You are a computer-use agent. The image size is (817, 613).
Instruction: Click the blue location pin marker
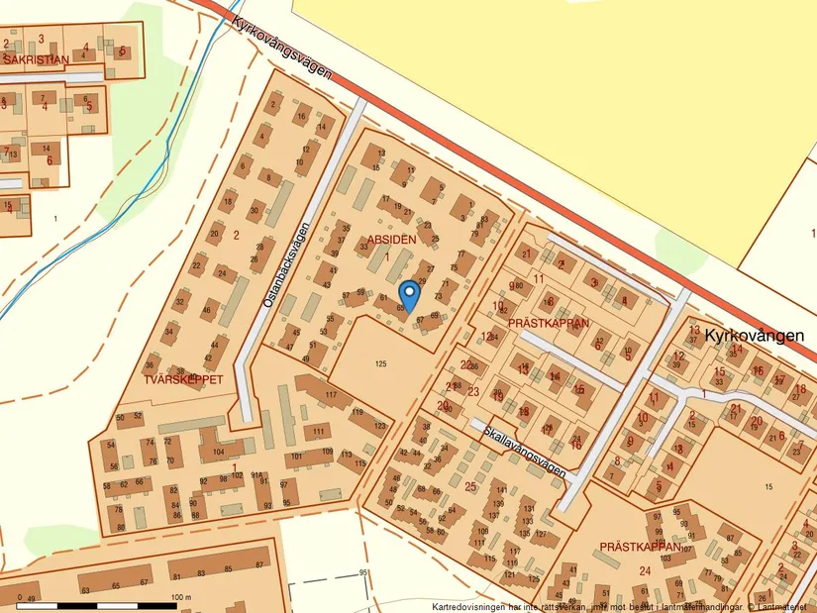click(408, 294)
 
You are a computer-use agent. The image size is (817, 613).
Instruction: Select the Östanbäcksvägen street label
click(287, 264)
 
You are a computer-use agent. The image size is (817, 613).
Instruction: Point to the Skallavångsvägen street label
click(519, 448)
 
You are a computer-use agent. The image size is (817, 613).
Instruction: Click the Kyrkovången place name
click(754, 337)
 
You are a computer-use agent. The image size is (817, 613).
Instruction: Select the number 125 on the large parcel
click(380, 364)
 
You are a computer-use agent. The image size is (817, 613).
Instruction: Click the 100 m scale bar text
click(179, 598)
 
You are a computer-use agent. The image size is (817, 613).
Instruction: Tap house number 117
click(330, 395)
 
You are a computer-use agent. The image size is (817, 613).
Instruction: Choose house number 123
click(380, 425)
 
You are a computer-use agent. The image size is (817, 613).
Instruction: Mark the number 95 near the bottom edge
click(363, 573)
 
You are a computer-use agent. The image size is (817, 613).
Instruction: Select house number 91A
click(256, 475)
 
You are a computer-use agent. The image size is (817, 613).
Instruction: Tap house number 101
click(296, 457)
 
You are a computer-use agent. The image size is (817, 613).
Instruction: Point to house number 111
click(319, 432)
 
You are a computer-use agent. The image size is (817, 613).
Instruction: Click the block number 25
click(469, 486)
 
